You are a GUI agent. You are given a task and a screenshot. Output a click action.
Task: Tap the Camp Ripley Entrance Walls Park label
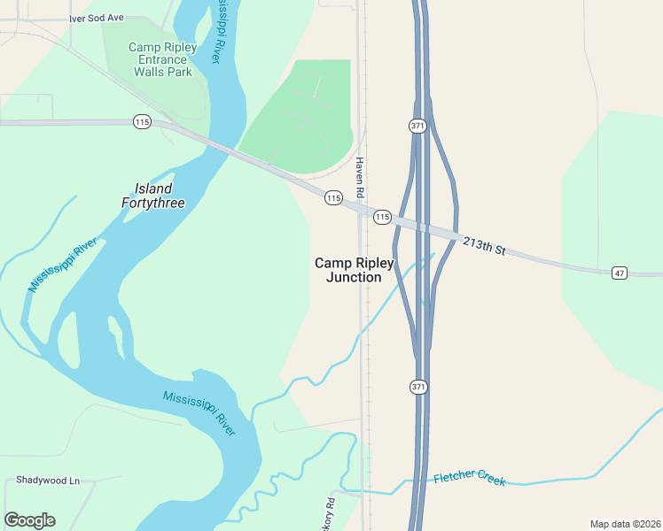pyautogui.click(x=162, y=59)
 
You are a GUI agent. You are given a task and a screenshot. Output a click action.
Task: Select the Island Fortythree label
pyautogui.click(x=152, y=196)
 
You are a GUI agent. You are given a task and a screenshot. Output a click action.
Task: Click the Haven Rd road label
pyautogui.click(x=361, y=177)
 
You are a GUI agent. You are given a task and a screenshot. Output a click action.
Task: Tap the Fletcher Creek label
pyautogui.click(x=470, y=479)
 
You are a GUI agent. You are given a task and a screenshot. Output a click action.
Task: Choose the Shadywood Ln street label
pyautogui.click(x=48, y=481)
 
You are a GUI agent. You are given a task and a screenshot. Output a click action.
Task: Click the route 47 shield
pyautogui.click(x=619, y=273)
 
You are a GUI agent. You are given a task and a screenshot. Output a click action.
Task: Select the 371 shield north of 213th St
pyautogui.click(x=418, y=126)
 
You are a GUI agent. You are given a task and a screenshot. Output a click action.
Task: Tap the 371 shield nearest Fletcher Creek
pyautogui.click(x=418, y=387)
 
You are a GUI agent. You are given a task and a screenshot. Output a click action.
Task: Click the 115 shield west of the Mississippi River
pyautogui.click(x=142, y=121)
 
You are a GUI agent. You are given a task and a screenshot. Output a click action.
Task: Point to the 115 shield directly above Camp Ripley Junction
pyautogui.click(x=332, y=198)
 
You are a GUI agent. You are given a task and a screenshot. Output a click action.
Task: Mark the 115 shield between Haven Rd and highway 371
pyautogui.click(x=382, y=217)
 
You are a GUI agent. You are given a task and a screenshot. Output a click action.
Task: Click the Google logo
pyautogui.click(x=29, y=520)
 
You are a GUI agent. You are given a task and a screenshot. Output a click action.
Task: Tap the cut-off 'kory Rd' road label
pyautogui.click(x=330, y=512)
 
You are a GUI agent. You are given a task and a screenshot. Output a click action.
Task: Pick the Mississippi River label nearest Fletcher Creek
pyautogui.click(x=199, y=412)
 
